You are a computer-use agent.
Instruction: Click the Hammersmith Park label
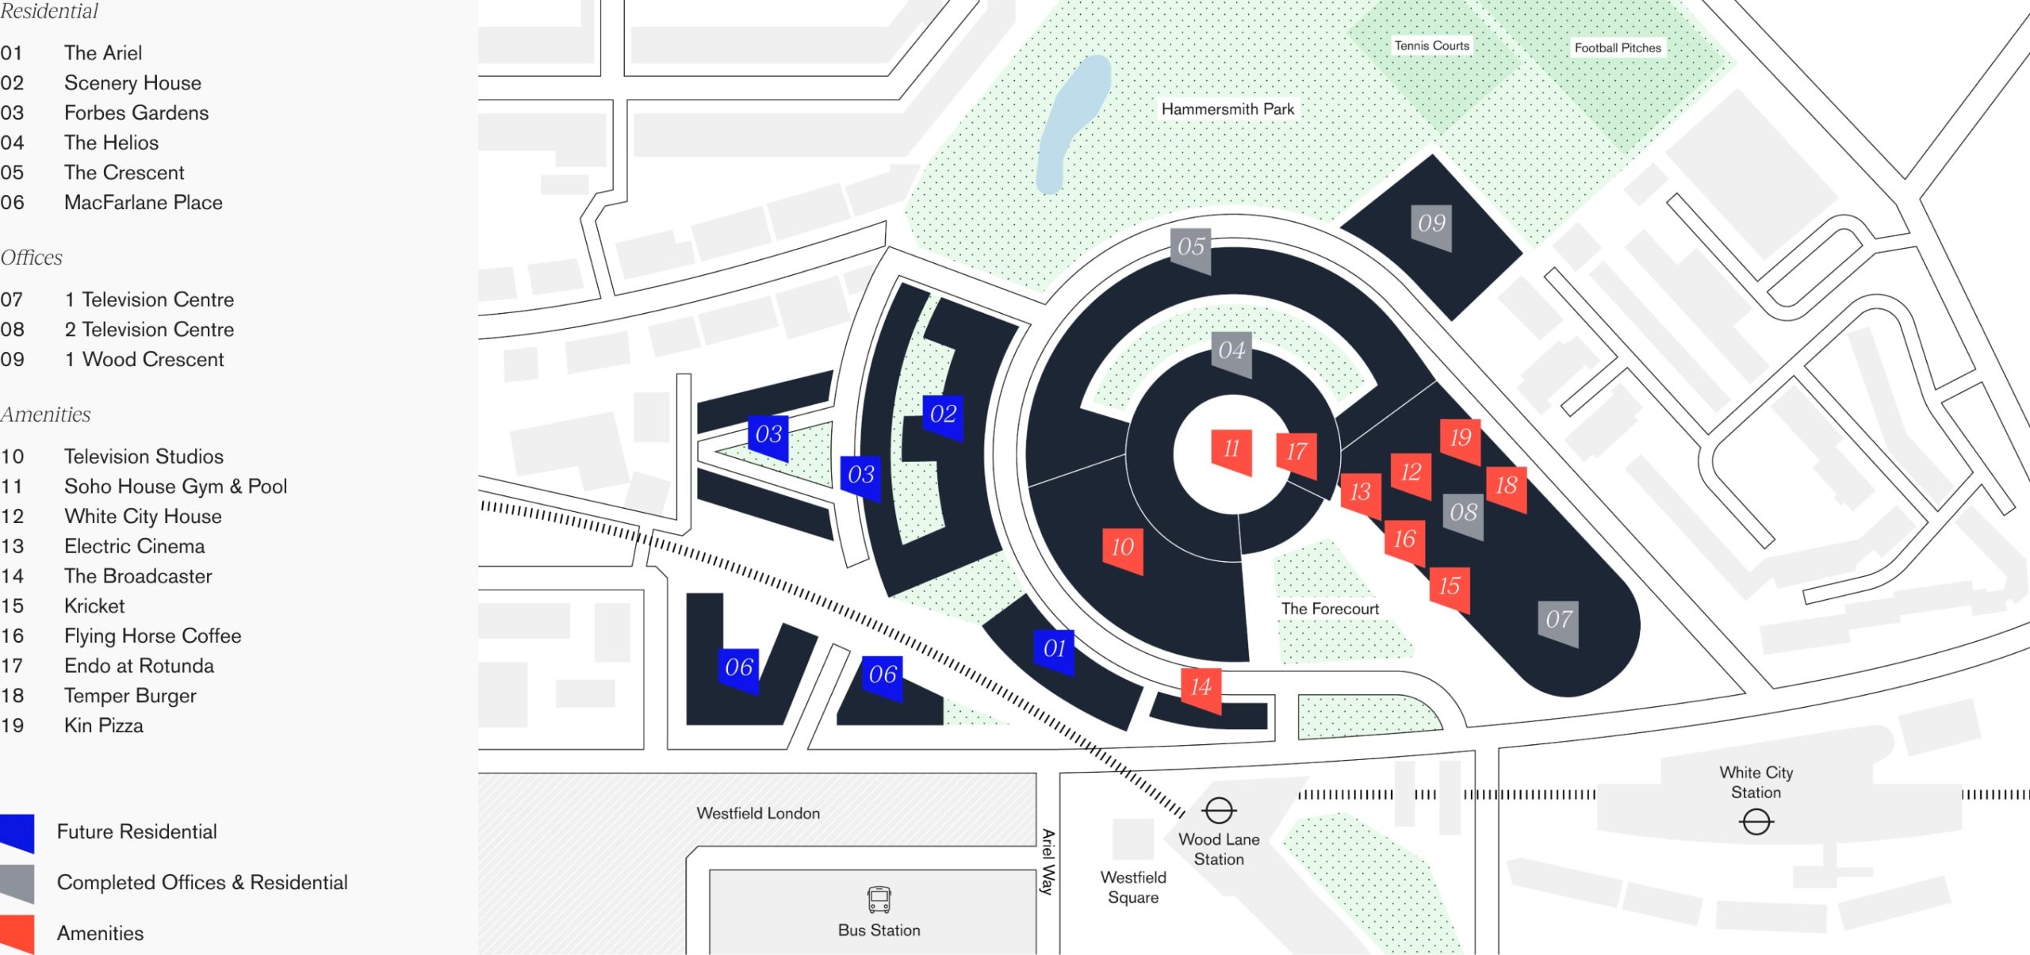pos(1228,109)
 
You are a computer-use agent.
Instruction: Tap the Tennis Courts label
pos(1431,46)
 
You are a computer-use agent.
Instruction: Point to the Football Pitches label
pos(1618,48)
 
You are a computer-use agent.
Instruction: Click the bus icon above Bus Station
pos(879,900)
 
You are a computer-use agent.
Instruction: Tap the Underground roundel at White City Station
pos(1756,822)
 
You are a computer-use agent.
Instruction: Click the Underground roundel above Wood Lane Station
pos(1219,811)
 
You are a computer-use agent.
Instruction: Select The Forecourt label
pos(1330,609)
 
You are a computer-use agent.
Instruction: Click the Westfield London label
pos(758,813)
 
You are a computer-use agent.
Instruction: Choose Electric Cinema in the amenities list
pos(134,546)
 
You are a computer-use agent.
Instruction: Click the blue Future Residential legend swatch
pos(17,832)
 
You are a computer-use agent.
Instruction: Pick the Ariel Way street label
pos(1048,861)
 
